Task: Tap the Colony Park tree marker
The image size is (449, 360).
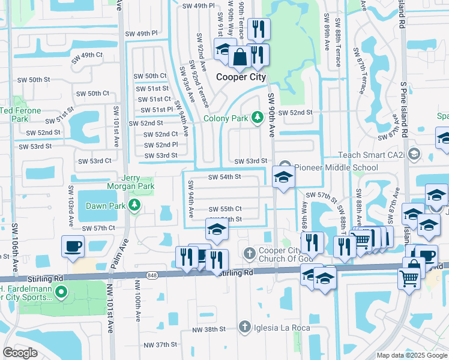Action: [x=258, y=117]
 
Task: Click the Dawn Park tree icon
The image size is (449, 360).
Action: [x=136, y=206]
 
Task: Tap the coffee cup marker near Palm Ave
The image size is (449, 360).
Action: [x=73, y=246]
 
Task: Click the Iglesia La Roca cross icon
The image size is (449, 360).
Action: [x=244, y=327]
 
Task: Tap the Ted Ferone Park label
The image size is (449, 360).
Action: [x=20, y=115]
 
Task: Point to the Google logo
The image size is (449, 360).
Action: [x=20, y=352]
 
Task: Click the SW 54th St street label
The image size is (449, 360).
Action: [x=224, y=177]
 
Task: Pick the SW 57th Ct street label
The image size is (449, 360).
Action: [x=98, y=229]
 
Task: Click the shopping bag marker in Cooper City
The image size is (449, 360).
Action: [x=240, y=58]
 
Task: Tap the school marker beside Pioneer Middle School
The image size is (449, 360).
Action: [x=283, y=177]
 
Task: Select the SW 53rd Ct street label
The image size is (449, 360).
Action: [x=96, y=161]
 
